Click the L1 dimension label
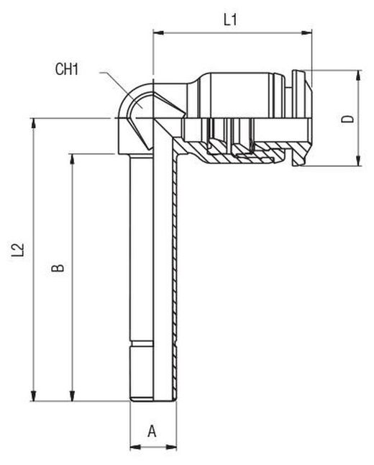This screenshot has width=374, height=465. tap(230, 20)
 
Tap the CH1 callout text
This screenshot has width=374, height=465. tap(67, 69)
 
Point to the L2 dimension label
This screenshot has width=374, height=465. tap(18, 250)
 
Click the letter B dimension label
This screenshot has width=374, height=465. tap(58, 268)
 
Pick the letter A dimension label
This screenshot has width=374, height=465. tap(152, 431)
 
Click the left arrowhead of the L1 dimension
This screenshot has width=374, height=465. tap(158, 33)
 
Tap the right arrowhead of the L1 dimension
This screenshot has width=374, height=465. tap(306, 33)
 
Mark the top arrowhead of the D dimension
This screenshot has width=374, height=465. tap(359, 76)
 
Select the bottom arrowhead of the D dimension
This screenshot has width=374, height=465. tap(359, 161)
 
